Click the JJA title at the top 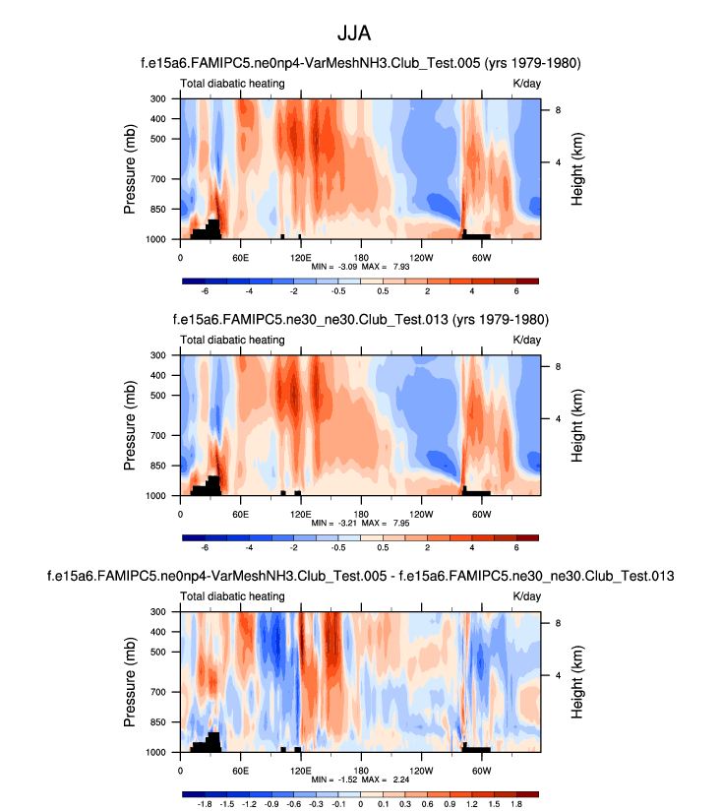pyautogui.click(x=360, y=33)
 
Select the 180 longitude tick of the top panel pyautogui.click(x=361, y=257)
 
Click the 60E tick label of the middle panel pyautogui.click(x=240, y=513)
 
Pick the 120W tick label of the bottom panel pyautogui.click(x=421, y=770)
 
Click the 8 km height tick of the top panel pyautogui.click(x=556, y=110)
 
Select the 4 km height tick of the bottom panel pyautogui.click(x=556, y=675)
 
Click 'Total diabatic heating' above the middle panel pyautogui.click(x=232, y=340)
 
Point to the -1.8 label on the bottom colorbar pyautogui.click(x=206, y=803)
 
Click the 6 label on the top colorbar pyautogui.click(x=516, y=291)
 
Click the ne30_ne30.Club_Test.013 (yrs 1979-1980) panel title pyautogui.click(x=360, y=320)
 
